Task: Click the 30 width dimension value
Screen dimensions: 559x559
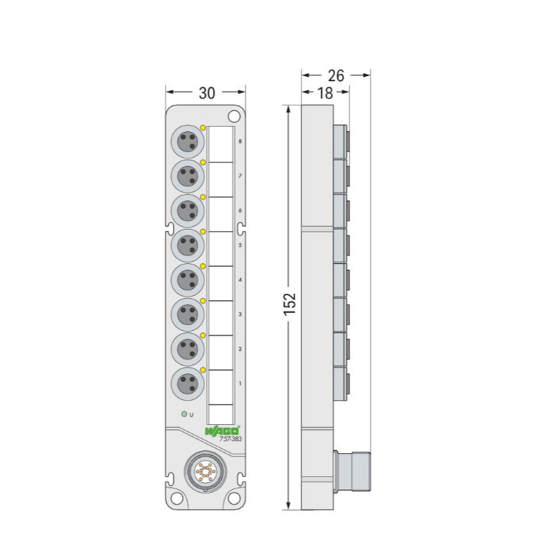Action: point(206,93)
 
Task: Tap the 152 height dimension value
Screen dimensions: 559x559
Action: point(290,304)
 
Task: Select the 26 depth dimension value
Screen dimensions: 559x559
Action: point(336,75)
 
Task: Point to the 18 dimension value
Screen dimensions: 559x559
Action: point(325,93)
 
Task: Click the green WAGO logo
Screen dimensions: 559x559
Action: point(222,431)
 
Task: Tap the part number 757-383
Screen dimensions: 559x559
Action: point(230,439)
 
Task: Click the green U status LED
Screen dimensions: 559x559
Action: point(184,414)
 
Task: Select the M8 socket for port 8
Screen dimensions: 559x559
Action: point(188,142)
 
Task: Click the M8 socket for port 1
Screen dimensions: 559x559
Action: point(188,384)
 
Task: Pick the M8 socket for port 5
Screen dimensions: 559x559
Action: point(188,245)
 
